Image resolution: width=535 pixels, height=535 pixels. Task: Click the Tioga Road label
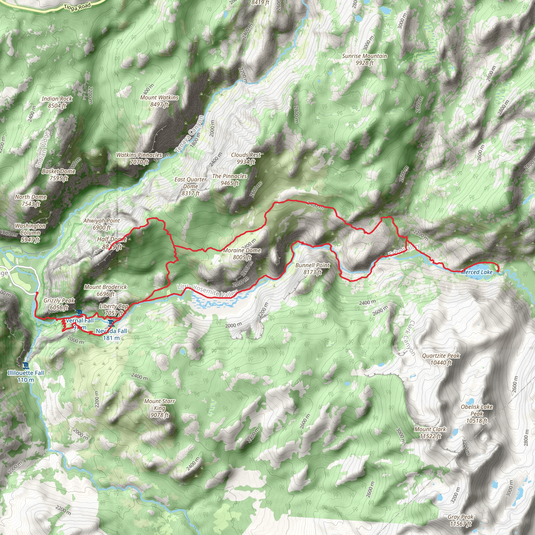pos(77,7)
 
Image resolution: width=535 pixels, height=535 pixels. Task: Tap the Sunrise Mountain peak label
pos(364,59)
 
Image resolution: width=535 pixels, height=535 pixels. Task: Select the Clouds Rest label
pos(246,158)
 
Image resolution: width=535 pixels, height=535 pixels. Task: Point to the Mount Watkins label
pos(159,101)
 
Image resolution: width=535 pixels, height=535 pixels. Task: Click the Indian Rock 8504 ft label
pos(57,102)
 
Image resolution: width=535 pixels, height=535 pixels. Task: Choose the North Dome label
pos(31,200)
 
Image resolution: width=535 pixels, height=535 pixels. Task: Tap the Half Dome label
pos(112,243)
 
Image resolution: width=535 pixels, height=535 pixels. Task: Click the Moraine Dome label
pos(242,253)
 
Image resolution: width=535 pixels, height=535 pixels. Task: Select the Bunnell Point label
pos(312,268)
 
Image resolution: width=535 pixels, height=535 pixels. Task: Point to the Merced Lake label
pos(476,272)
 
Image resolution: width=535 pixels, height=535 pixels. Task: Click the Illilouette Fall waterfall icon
pos(26,366)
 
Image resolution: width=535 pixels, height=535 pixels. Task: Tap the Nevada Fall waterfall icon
pos(111,323)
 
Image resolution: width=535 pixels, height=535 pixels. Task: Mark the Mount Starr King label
pos(160,408)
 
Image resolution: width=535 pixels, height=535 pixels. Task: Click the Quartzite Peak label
pos(441,359)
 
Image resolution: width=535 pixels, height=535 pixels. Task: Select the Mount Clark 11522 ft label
pos(430,433)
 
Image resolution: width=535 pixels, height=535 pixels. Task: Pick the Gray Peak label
pos(460,520)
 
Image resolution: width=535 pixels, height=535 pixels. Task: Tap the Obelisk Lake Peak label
pos(476,414)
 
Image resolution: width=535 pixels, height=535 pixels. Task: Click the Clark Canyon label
pos(409,338)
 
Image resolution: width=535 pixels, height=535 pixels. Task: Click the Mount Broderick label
pos(106,290)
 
